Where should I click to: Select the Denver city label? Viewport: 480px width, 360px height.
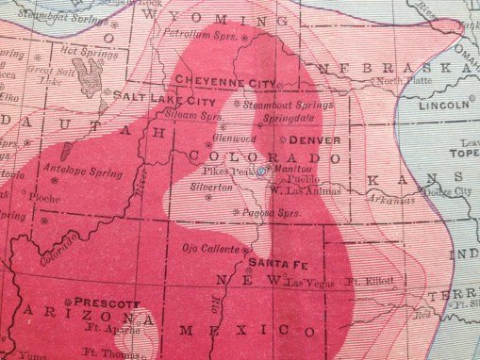tap(303, 139)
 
